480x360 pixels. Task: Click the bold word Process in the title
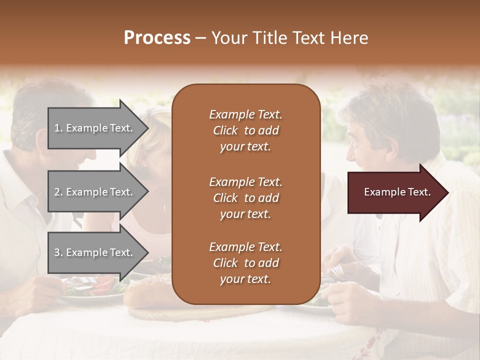[157, 38]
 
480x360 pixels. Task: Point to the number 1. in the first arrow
[58, 128]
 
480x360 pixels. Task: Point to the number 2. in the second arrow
[58, 192]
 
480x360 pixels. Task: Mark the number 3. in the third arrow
[58, 252]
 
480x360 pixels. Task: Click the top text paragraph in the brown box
[245, 130]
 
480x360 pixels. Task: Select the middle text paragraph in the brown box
[245, 197]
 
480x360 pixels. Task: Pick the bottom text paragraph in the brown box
[245, 263]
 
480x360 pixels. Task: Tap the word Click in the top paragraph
[225, 130]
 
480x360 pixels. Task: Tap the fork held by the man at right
[337, 270]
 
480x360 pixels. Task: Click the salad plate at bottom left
[92, 290]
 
